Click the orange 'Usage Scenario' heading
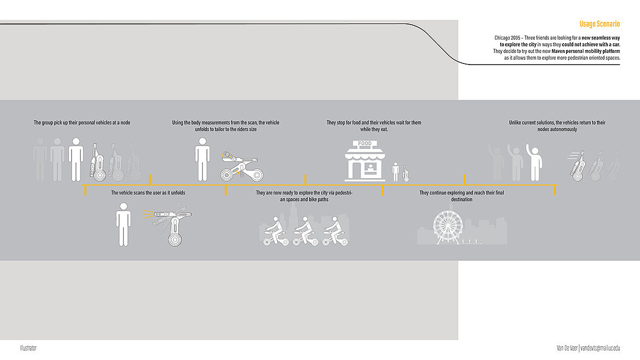tap(599, 24)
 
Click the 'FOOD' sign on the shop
tap(365, 143)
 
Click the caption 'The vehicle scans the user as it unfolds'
tap(148, 193)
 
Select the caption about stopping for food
tap(374, 126)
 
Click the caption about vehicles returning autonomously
tap(557, 126)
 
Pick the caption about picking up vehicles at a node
tap(82, 123)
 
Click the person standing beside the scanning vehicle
tap(124, 224)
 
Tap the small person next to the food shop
tap(396, 172)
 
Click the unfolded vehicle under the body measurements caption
tap(241, 166)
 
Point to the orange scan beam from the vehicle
tap(147, 215)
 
